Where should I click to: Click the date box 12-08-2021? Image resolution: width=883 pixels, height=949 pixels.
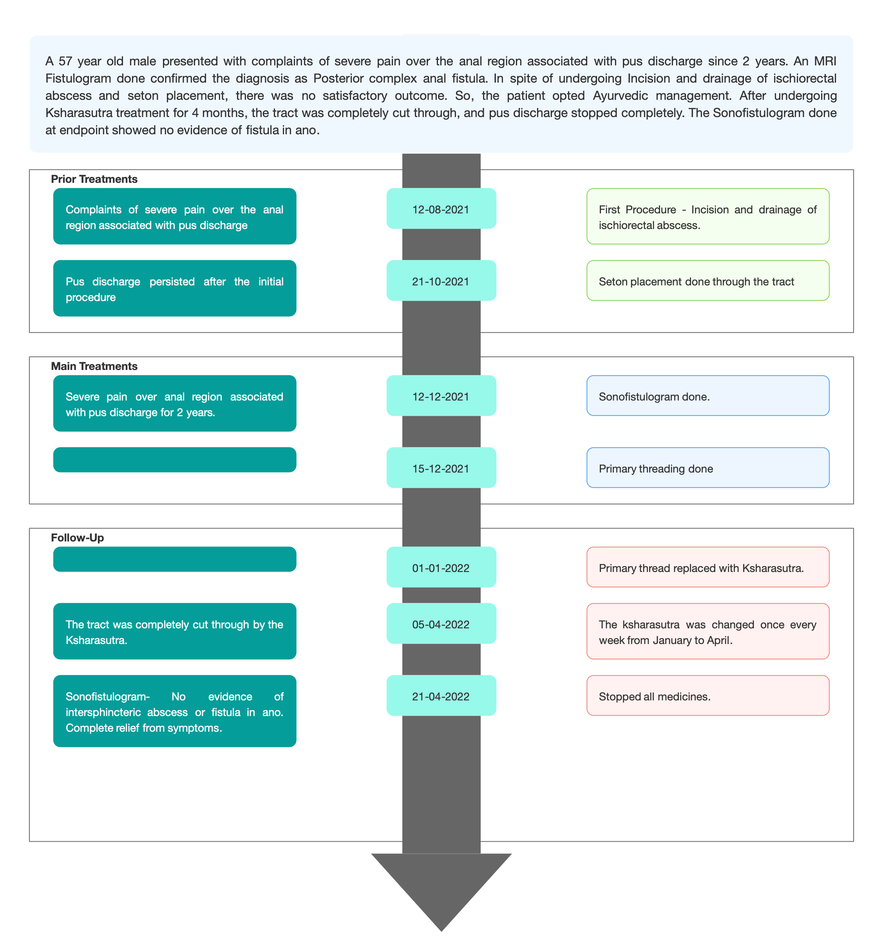tap(441, 208)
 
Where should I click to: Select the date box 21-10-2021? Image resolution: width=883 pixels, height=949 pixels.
tap(441, 280)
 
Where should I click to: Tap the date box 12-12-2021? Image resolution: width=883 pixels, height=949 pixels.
tap(441, 395)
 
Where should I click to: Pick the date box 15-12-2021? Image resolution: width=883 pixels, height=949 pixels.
tap(441, 467)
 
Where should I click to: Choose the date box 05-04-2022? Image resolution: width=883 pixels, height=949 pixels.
tap(441, 623)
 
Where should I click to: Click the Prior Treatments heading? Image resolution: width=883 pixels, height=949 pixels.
tap(94, 179)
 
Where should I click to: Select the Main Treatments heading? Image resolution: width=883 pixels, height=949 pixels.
tap(94, 366)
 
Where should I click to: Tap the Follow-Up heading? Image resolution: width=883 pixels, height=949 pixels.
tap(77, 538)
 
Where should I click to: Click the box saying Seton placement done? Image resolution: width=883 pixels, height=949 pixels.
tap(708, 280)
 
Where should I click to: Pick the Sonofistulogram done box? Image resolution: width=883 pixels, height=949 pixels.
tap(708, 395)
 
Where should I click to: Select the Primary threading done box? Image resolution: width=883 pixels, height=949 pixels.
tap(708, 467)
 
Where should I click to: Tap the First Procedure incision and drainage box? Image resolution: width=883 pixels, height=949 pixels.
tap(708, 216)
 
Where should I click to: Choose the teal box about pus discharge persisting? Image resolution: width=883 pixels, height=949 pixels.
tap(175, 288)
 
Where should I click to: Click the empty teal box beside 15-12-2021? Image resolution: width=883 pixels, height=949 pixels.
tap(175, 460)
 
